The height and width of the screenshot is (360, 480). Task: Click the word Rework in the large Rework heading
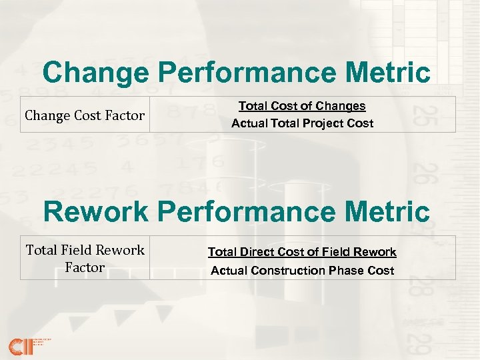coord(96,212)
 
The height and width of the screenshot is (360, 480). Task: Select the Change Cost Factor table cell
coord(85,115)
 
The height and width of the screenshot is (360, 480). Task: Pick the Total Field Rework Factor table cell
coord(85,258)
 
